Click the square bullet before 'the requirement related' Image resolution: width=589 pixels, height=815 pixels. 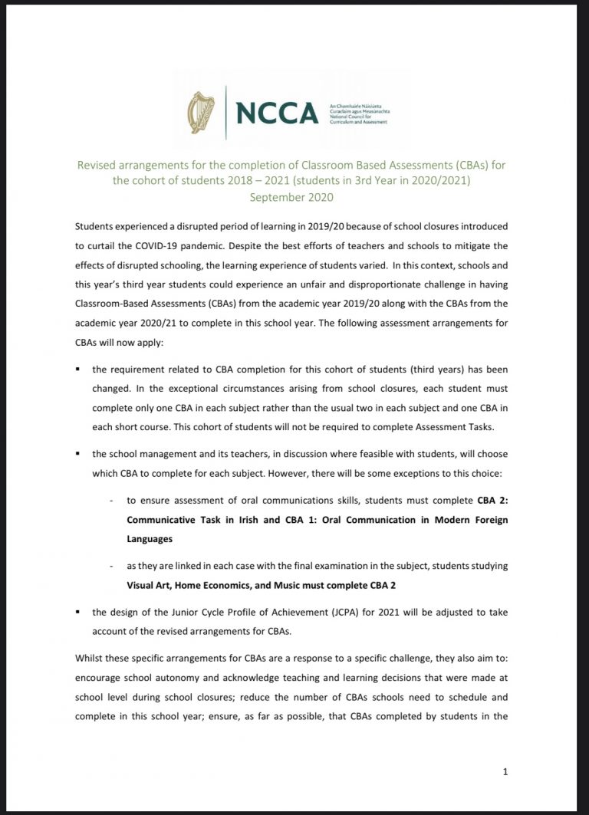[x=80, y=370]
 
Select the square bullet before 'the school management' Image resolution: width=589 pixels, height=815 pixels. [x=80, y=453]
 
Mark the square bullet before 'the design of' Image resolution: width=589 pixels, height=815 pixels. [x=80, y=612]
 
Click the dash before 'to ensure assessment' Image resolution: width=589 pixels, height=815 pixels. [x=113, y=501]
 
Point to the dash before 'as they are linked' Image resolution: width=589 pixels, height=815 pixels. [x=113, y=565]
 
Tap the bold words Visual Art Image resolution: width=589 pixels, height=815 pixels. [x=150, y=586]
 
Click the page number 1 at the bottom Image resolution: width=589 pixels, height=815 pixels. [x=505, y=771]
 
